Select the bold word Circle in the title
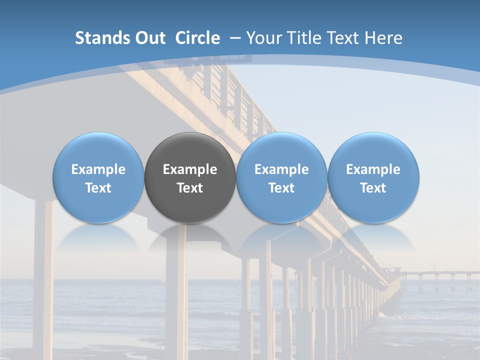click(x=197, y=38)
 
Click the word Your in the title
click(x=263, y=38)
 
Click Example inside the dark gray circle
click(x=190, y=169)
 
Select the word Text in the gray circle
click(x=190, y=188)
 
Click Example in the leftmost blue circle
click(x=98, y=169)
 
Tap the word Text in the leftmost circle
click(x=98, y=188)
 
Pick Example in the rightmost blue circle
click(x=373, y=169)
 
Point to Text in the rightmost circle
click(x=373, y=188)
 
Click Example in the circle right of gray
click(x=281, y=169)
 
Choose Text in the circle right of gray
click(x=281, y=188)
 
